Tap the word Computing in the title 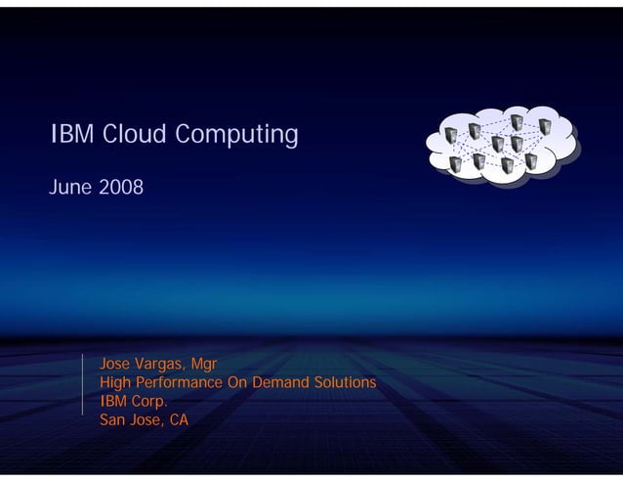point(236,135)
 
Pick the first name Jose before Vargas point(116,364)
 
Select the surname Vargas point(162,365)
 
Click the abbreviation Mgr point(205,365)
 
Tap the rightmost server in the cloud point(544,127)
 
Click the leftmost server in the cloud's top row point(449,134)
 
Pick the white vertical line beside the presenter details point(82,387)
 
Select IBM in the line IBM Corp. point(115,401)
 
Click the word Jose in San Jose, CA point(146,420)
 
